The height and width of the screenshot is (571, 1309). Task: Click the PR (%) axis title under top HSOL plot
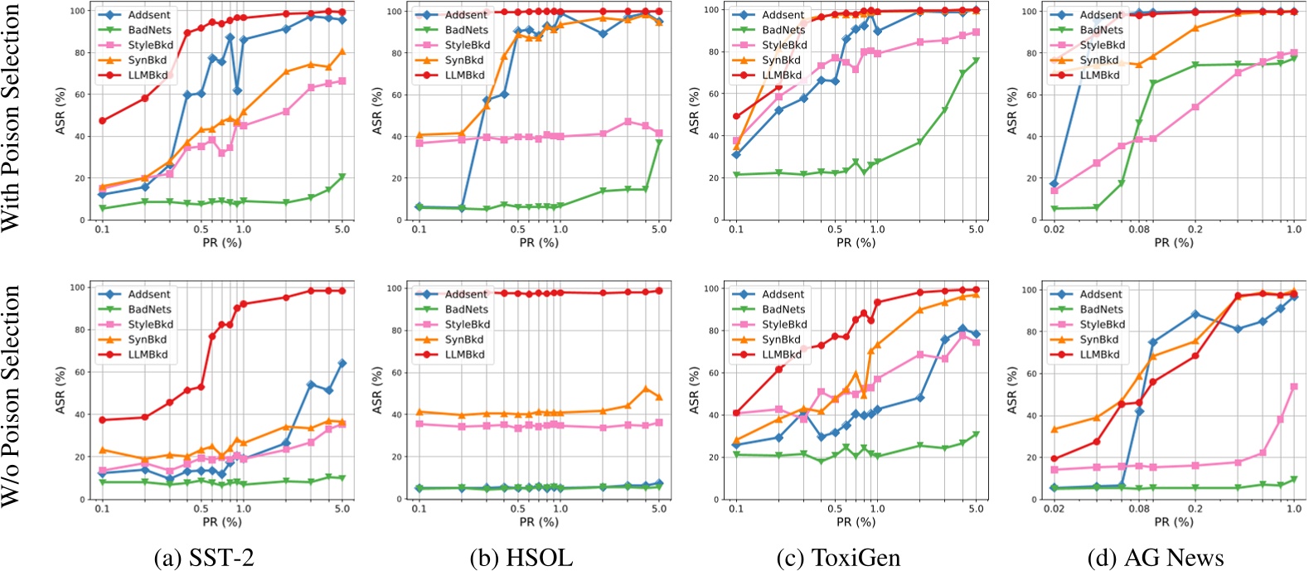(x=538, y=242)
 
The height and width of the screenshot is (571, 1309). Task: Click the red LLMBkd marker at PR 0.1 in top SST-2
(x=102, y=121)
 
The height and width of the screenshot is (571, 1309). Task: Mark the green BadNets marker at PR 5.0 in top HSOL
(x=659, y=143)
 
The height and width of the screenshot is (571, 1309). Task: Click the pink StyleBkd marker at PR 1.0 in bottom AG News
(x=1293, y=387)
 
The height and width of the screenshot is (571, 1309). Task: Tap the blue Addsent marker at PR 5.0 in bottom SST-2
(x=342, y=363)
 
